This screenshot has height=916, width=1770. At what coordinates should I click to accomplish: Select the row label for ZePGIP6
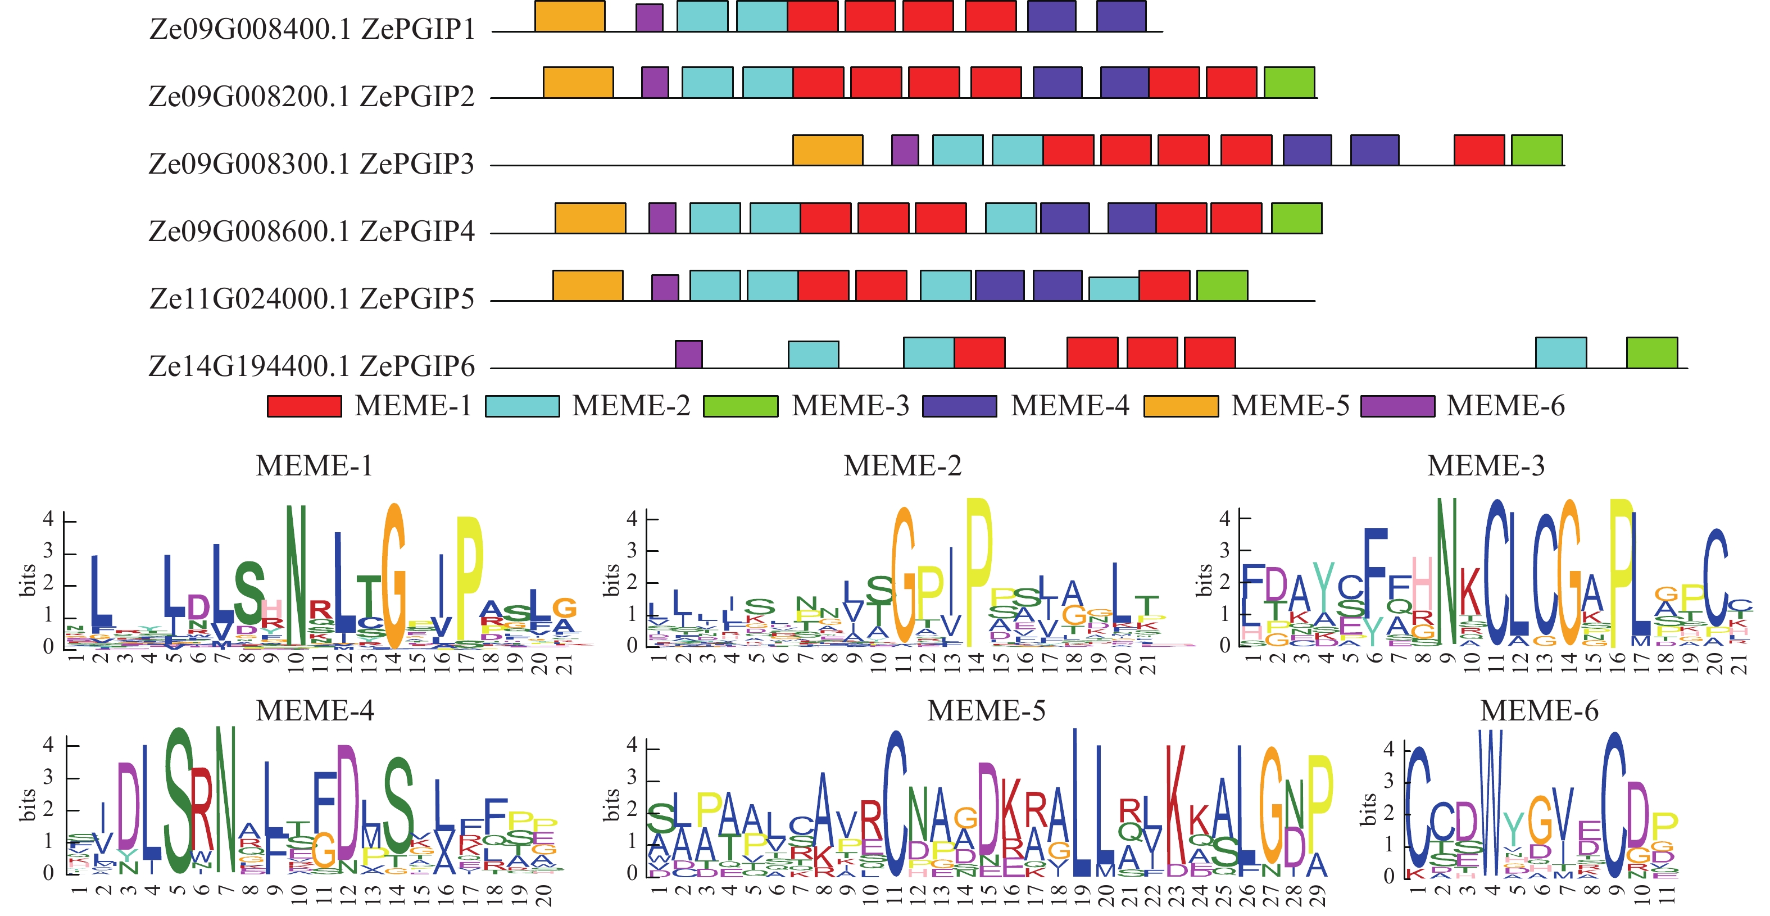pyautogui.click(x=312, y=366)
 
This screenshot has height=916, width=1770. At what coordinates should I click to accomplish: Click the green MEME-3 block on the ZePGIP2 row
pyautogui.click(x=1289, y=83)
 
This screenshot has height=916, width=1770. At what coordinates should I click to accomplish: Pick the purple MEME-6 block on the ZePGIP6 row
pyautogui.click(x=688, y=354)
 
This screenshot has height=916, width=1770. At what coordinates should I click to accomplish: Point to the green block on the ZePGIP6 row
pyautogui.click(x=1652, y=352)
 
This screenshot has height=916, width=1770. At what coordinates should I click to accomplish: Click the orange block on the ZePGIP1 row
pyautogui.click(x=570, y=16)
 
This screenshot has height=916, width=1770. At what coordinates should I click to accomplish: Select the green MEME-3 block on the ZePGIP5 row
pyautogui.click(x=1222, y=285)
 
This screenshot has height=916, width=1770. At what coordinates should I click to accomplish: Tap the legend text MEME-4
pyautogui.click(x=1070, y=406)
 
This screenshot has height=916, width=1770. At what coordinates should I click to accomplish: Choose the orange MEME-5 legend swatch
pyautogui.click(x=1181, y=406)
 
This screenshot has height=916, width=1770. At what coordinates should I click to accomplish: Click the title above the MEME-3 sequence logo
pyautogui.click(x=1486, y=466)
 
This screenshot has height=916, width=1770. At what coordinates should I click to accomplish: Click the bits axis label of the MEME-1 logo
pyautogui.click(x=28, y=581)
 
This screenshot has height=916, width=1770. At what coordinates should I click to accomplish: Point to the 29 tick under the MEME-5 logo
pyautogui.click(x=1317, y=896)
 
